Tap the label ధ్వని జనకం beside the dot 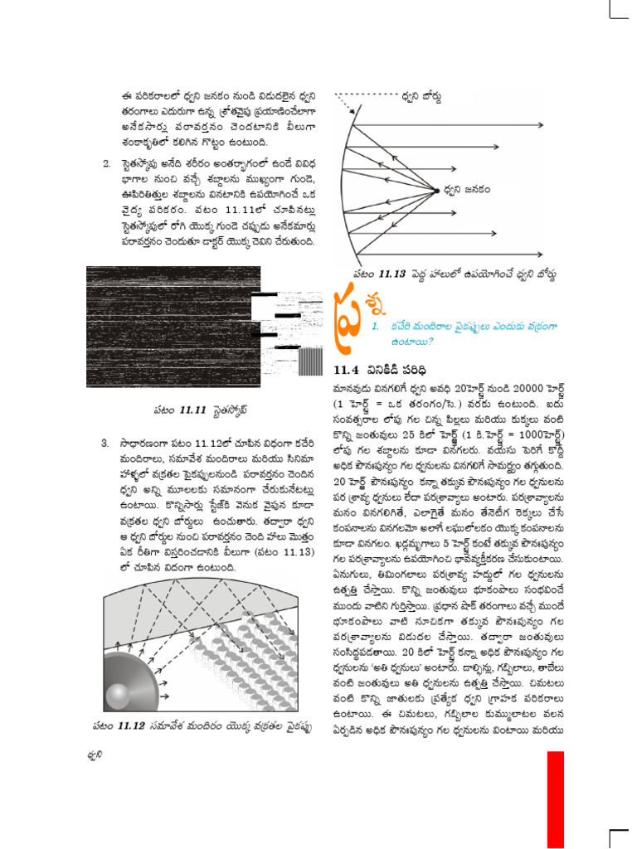pos(466,190)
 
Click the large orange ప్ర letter pos(348,318)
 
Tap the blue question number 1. pos(376,326)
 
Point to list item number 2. pos(107,163)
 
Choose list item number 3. pos(107,443)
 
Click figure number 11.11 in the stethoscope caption pos(192,409)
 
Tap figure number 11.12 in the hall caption pos(130,725)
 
